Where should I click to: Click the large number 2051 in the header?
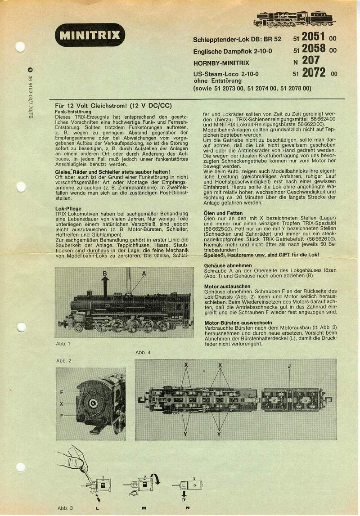[314, 37]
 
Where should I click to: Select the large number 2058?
[314, 49]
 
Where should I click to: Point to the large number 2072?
[314, 72]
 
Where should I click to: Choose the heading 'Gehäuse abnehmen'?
[227, 265]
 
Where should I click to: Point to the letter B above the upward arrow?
[104, 274]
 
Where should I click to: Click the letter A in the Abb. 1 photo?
[144, 274]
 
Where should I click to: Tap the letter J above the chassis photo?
[289, 366]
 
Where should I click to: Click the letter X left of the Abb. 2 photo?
[61, 404]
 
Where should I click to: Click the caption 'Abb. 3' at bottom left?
[65, 508]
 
